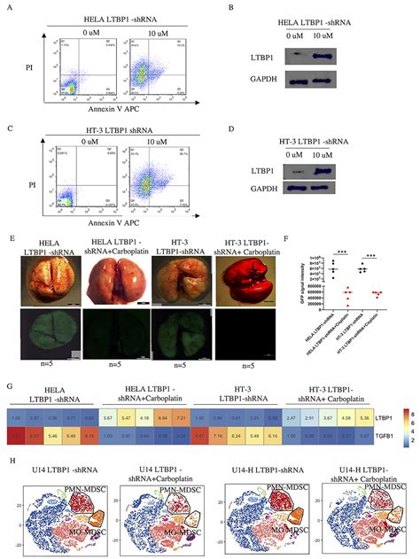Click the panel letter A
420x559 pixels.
[6, 7]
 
